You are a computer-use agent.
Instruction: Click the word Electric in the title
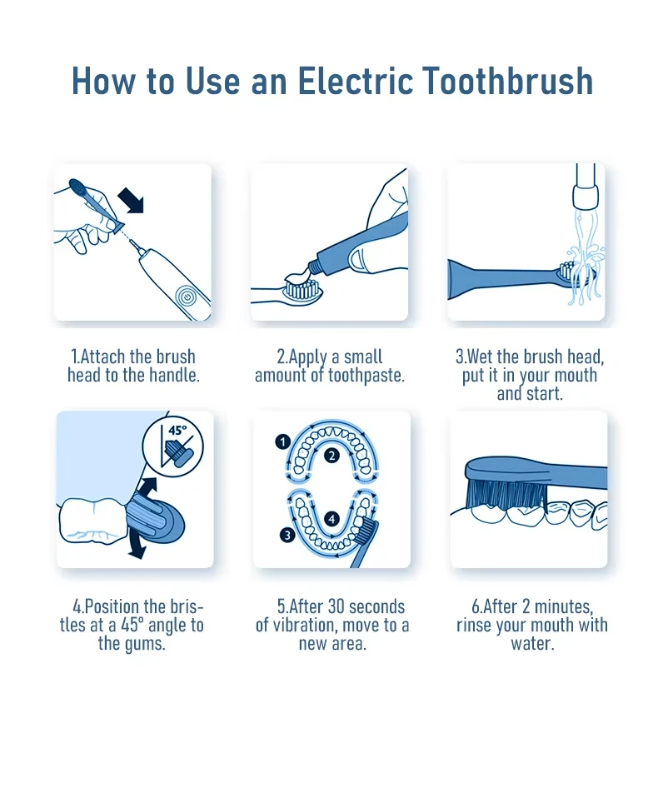point(355,81)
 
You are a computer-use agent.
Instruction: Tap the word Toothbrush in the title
point(507,81)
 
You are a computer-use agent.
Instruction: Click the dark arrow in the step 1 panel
point(131,200)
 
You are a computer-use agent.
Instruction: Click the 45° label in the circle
point(177,431)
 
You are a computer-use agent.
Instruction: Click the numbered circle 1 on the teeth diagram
point(282,442)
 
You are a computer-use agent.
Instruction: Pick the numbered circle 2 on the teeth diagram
point(331,456)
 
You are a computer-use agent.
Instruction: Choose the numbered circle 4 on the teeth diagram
point(331,519)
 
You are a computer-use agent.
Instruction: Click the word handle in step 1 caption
point(174,375)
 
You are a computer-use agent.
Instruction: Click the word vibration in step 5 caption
point(309,626)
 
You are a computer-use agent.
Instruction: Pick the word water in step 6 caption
point(532,644)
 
